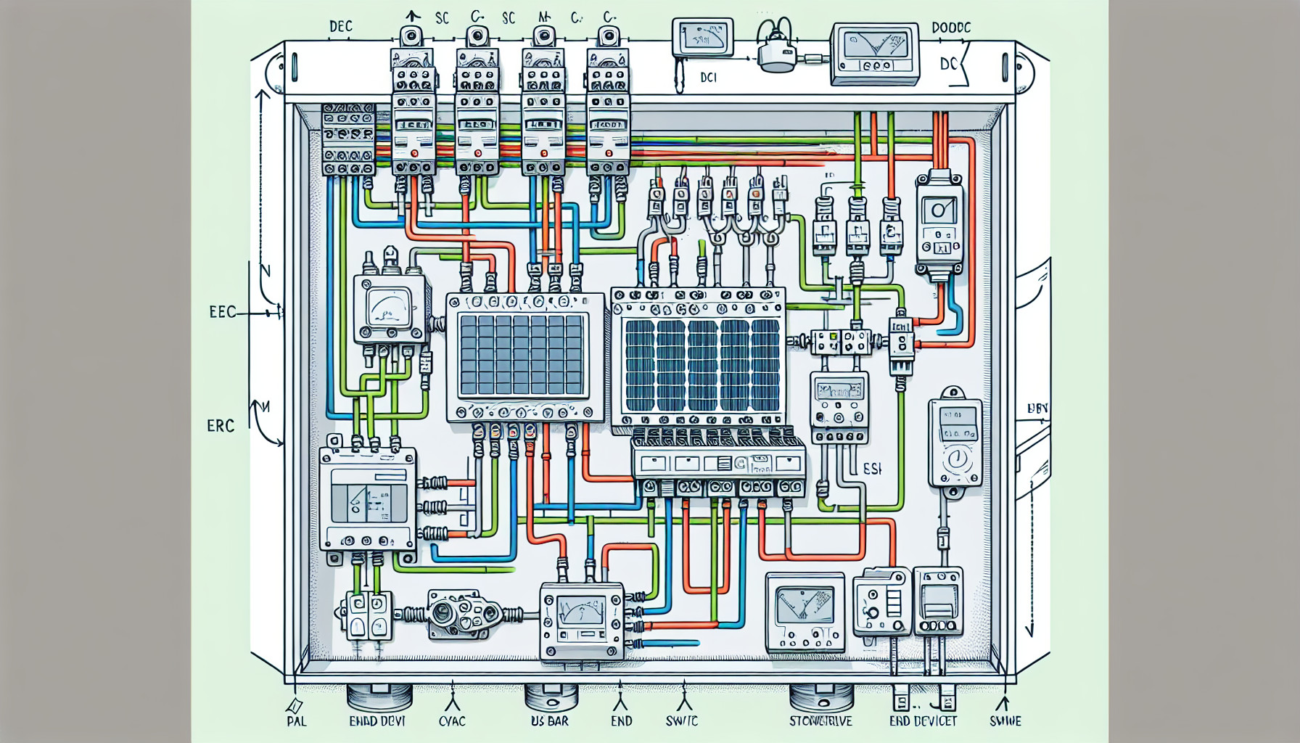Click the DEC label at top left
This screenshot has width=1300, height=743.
coord(340,27)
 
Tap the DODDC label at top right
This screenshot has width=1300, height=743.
coord(950,28)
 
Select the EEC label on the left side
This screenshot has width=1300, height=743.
coord(222,313)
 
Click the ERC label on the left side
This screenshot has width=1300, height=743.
coord(221,426)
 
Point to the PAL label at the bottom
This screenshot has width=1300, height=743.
coord(296,721)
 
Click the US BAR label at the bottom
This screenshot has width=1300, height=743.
coord(549,721)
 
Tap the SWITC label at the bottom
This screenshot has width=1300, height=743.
coord(681,721)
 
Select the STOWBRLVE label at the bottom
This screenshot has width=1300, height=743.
coord(820,721)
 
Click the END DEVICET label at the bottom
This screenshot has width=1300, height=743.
coord(923,721)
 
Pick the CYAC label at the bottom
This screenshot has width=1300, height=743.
coord(452,721)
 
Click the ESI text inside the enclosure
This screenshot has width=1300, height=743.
coord(873,469)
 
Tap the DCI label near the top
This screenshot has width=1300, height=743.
coord(708,77)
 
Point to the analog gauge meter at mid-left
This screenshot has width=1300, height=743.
coord(389,308)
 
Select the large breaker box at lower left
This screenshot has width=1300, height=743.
coord(368,498)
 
